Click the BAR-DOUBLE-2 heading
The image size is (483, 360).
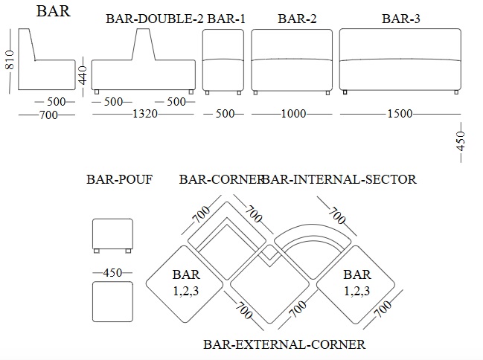tap(154, 19)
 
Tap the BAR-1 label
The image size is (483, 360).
tap(226, 19)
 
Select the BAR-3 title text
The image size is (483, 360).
tap(400, 19)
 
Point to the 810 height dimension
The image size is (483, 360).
tap(10, 60)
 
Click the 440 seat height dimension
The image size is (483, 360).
tap(83, 74)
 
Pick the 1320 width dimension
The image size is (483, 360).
tap(145, 114)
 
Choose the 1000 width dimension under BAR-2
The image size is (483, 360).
tap(293, 114)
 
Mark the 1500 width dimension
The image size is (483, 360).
tap(400, 114)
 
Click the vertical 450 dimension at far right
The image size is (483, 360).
tap(461, 141)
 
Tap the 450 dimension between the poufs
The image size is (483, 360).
tap(112, 272)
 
